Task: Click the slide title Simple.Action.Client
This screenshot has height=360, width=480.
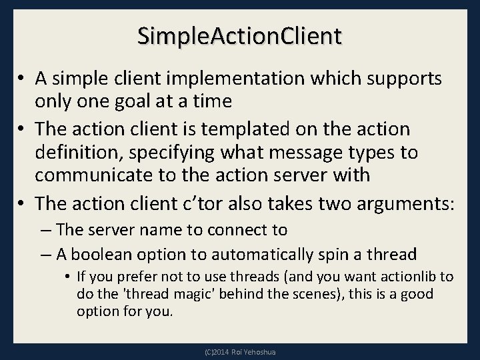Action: pyautogui.click(x=240, y=35)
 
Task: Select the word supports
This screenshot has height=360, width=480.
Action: pyautogui.click(x=404, y=79)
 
